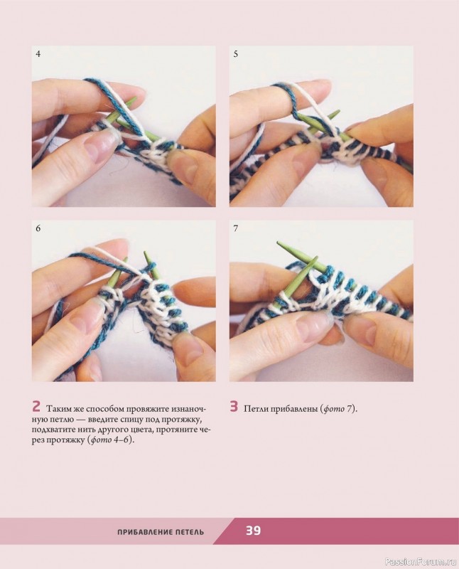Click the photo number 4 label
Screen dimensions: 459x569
38,54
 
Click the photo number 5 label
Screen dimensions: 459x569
236,54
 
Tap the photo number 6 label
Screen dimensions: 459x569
38,228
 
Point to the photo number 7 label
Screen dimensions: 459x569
236,228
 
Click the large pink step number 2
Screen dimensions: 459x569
36,406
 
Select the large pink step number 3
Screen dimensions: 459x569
234,406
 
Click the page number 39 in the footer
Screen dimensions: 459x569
254,531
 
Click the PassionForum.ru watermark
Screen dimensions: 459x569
421,562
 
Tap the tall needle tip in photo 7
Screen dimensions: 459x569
279,243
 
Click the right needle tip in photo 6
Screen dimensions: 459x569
145,253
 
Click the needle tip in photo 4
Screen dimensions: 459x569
134,98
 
